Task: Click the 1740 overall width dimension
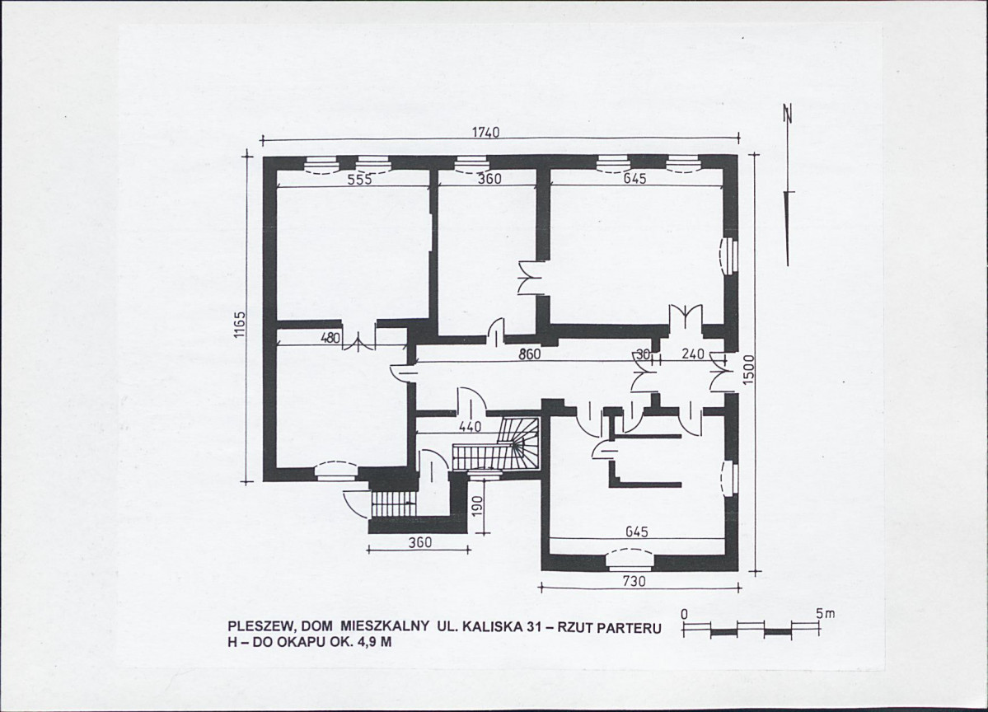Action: [x=486, y=133]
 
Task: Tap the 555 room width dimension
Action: [x=360, y=179]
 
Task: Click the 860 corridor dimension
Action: [x=529, y=354]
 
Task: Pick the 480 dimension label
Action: [x=330, y=338]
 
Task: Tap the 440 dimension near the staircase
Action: [x=470, y=427]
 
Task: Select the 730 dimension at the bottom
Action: [x=634, y=582]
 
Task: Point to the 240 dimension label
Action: [x=693, y=354]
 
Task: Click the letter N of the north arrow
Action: [x=788, y=114]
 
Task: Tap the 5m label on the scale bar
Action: [x=826, y=613]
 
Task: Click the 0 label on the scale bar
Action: [x=684, y=614]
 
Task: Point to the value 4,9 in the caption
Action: [x=358, y=643]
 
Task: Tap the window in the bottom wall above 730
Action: [x=630, y=558]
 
